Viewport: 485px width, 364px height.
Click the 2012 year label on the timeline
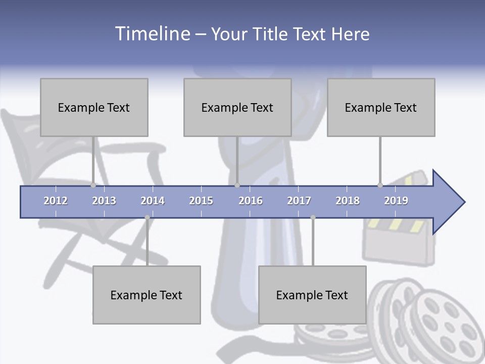(56, 201)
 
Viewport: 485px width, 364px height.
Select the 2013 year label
(104, 201)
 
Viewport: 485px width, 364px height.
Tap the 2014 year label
(153, 201)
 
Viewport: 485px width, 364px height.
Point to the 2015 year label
(201, 201)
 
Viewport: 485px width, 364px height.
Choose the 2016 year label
(251, 201)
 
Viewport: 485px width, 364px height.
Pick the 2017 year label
(299, 201)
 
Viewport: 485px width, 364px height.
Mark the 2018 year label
(348, 201)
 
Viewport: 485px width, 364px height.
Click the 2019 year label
(396, 201)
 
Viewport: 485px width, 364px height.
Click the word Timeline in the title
(152, 33)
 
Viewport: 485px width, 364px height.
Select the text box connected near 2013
(94, 107)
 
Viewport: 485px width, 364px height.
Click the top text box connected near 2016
(237, 107)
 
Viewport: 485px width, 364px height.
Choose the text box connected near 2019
(381, 107)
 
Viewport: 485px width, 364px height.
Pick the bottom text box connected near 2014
(147, 295)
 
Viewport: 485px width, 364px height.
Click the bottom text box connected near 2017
(312, 295)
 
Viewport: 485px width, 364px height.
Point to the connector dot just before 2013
(93, 186)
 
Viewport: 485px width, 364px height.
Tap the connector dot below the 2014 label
(147, 217)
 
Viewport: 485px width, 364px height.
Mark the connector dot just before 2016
(237, 186)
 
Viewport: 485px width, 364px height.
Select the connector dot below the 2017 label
(313, 217)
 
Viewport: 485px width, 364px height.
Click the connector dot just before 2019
(380, 186)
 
